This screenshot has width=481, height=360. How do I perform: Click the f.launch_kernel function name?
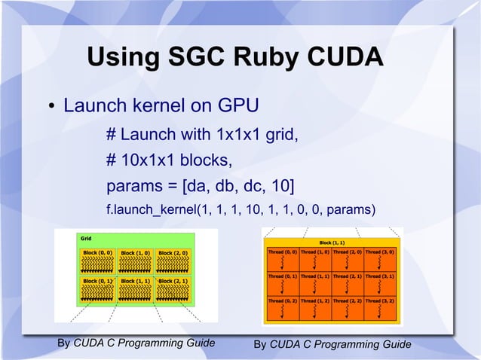(150, 209)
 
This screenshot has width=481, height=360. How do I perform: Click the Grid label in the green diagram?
(87, 238)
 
